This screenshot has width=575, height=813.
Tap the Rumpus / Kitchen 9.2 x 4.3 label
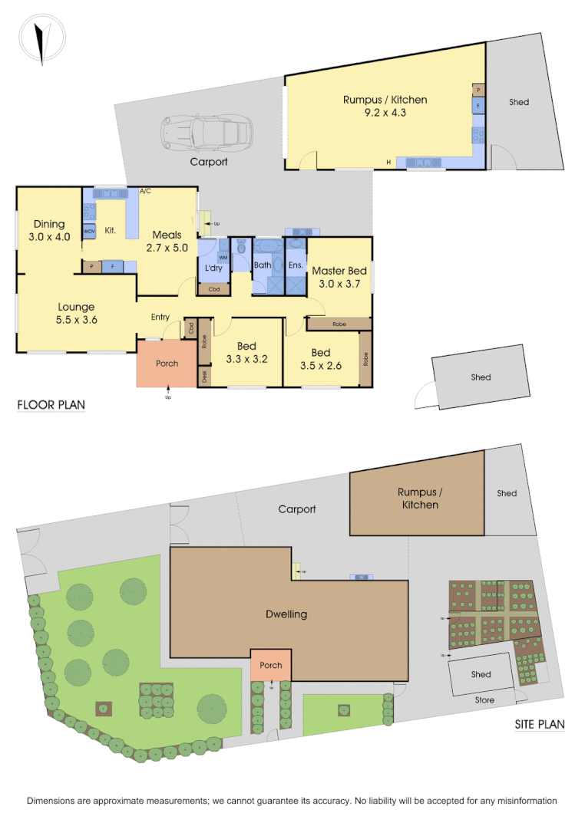(x=385, y=106)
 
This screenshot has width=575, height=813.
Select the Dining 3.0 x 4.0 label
(x=49, y=231)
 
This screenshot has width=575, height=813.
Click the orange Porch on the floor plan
(x=167, y=363)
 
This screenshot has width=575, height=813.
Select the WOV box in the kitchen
(x=88, y=231)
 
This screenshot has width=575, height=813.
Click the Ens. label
(x=296, y=265)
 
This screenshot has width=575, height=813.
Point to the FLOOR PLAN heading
(x=51, y=404)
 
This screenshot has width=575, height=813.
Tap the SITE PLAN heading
(x=539, y=723)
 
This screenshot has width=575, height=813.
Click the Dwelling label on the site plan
(x=286, y=614)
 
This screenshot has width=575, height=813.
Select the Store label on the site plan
(x=484, y=700)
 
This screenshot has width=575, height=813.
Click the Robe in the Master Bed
(x=339, y=324)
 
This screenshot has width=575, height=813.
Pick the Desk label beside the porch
(x=204, y=376)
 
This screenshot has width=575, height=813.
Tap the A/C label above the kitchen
(x=146, y=190)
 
